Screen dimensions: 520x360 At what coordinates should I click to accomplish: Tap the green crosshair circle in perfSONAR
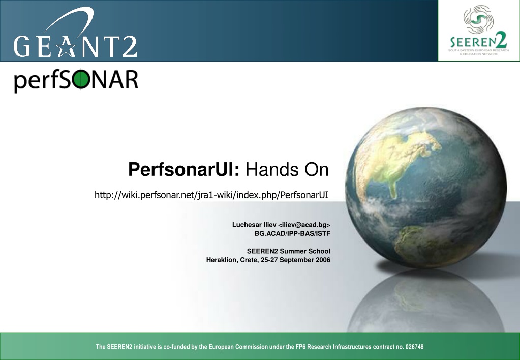81,80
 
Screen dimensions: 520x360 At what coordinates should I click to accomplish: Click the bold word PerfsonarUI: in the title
183,169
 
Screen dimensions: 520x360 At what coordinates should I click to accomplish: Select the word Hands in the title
268,169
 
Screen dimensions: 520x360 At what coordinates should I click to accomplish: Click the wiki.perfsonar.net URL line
211,195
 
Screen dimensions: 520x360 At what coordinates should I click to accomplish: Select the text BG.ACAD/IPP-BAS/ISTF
292,233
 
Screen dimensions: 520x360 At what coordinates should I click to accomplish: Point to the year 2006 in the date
323,260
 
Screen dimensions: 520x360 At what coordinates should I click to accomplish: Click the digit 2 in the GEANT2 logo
128,46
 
